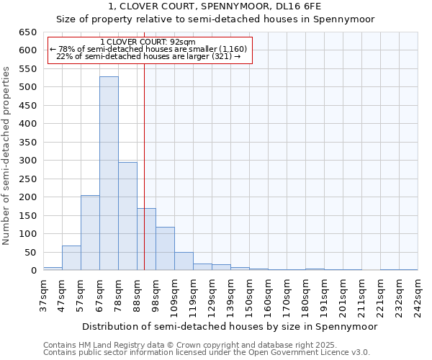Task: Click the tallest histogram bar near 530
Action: pos(109,173)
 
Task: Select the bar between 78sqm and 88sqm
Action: pos(127,216)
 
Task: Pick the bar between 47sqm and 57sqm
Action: pos(71,258)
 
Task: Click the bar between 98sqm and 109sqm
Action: pos(165,248)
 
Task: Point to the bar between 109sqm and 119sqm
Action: pos(184,261)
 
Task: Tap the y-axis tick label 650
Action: pos(27,32)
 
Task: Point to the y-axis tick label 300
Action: pos(27,161)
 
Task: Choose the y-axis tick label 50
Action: pos(30,252)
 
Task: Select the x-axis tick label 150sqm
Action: pos(249,295)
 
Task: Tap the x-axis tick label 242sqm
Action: pos(418,295)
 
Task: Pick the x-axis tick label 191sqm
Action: pos(324,295)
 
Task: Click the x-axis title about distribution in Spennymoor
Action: pos(230,326)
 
